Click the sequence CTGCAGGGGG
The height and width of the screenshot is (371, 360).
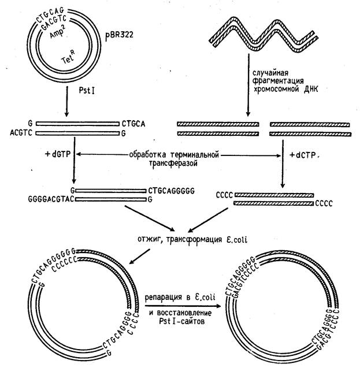[x=173, y=190]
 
